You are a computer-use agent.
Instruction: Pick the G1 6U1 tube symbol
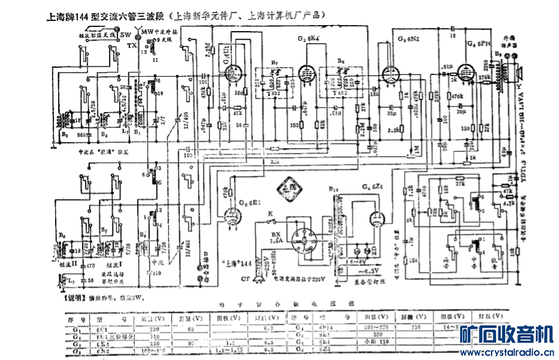(230, 72)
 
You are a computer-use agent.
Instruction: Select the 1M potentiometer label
(416, 149)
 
